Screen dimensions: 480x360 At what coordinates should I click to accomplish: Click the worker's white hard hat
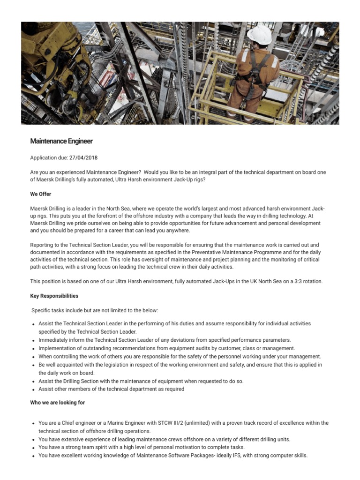(260, 35)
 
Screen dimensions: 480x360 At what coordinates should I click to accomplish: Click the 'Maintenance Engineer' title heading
(61, 141)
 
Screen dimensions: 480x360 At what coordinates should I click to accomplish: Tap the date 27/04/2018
(84, 158)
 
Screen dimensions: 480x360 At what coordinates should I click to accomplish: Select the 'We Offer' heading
(41, 194)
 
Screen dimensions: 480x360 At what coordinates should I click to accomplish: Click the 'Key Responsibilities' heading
(54, 296)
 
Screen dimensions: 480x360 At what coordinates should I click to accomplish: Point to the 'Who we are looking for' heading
(58, 403)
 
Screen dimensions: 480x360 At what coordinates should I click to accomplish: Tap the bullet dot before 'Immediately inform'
(33, 341)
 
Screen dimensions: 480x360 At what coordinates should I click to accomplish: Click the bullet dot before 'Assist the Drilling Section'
(33, 382)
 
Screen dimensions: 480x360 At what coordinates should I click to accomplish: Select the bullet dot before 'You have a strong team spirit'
(33, 448)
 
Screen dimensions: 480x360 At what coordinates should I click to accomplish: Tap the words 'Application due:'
(49, 158)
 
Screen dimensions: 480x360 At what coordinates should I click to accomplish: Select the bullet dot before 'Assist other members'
(33, 390)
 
